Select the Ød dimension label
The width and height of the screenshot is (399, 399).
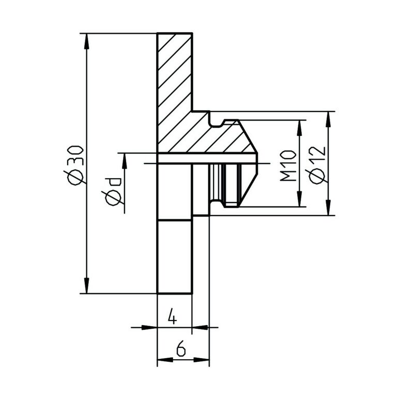114,191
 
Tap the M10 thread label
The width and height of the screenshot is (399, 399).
288,166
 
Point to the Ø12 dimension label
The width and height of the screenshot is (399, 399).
317,165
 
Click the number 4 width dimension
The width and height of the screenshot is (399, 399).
173,316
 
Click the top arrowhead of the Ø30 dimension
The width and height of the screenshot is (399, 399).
87,41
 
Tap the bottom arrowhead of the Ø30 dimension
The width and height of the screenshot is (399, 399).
87,285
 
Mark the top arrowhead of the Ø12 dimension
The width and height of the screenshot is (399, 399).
329,119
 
